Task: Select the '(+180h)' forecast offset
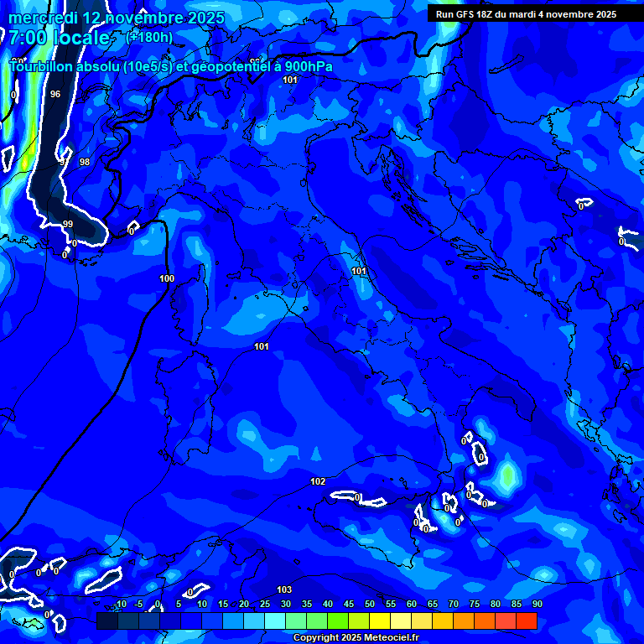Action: point(149,37)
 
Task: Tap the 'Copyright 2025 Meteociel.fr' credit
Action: point(356,637)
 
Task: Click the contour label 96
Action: point(55,94)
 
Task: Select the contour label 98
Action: point(84,162)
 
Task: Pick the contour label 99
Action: point(68,224)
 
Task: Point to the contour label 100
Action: point(167,278)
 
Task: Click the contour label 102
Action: point(318,481)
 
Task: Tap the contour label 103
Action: point(284,589)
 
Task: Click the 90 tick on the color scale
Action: point(537,605)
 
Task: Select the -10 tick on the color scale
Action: point(120,605)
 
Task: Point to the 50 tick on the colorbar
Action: point(370,605)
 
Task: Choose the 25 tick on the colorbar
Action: point(265,605)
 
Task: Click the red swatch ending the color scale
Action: point(526,621)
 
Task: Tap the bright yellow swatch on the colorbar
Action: point(380,621)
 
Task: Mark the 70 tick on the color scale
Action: point(454,605)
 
